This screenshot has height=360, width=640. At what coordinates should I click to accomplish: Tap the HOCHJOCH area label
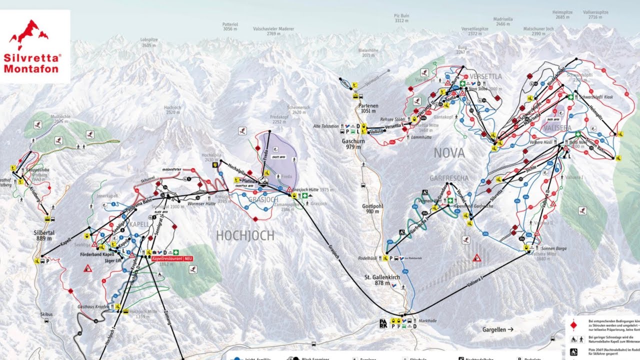pyautogui.click(x=245, y=235)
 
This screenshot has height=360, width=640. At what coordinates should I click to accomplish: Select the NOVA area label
pyautogui.click(x=448, y=152)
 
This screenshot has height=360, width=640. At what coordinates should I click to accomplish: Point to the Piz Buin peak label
pyautogui.click(x=401, y=18)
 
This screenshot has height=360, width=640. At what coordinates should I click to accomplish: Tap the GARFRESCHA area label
pyautogui.click(x=448, y=178)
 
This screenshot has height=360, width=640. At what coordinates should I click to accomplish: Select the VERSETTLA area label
pyautogui.click(x=485, y=76)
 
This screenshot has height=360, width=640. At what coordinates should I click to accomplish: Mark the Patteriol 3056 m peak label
pyautogui.click(x=229, y=26)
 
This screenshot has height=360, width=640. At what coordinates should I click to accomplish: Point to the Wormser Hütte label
pyautogui.click(x=201, y=204)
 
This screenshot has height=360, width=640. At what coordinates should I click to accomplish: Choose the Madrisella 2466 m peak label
pyautogui.click(x=503, y=21)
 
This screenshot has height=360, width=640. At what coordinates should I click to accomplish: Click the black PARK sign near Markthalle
pyautogui.click(x=383, y=323)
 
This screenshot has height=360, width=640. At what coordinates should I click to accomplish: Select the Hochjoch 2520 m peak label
pyautogui.click(x=172, y=110)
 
